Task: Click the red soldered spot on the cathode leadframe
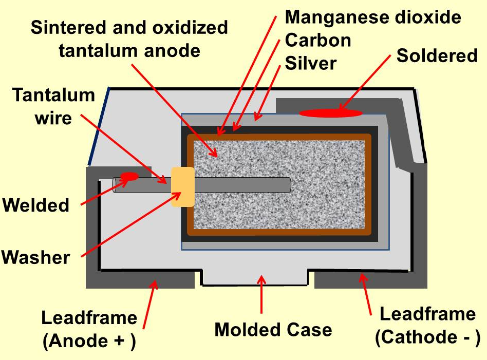(x=331, y=113)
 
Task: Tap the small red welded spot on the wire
(x=129, y=177)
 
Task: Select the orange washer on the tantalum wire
(x=182, y=187)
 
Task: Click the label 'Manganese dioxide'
(x=373, y=17)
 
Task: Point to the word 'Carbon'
(x=318, y=40)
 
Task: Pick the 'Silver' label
(x=311, y=63)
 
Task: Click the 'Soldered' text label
(x=437, y=55)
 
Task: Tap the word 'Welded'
(x=36, y=205)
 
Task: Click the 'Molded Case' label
(x=273, y=329)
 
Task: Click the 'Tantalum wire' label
(x=53, y=106)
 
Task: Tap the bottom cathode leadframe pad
(x=370, y=280)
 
